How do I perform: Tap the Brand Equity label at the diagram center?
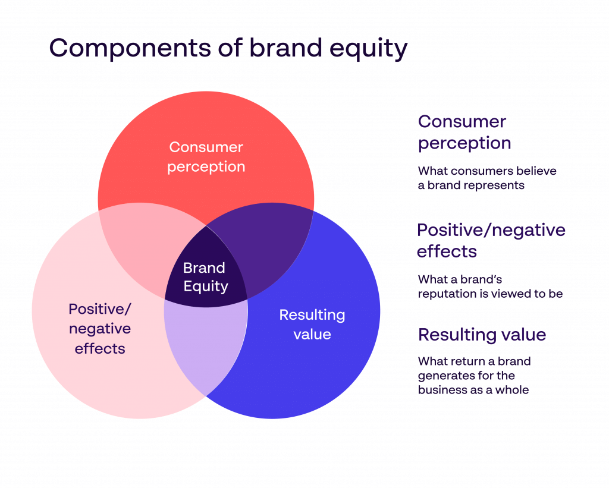(205, 277)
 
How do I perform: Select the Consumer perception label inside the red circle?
(206, 157)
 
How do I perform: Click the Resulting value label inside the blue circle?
(312, 325)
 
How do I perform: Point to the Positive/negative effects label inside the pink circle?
(100, 329)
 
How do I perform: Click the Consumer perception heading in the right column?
(464, 132)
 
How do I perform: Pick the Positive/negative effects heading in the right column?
(491, 240)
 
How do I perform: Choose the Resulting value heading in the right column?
(482, 335)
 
